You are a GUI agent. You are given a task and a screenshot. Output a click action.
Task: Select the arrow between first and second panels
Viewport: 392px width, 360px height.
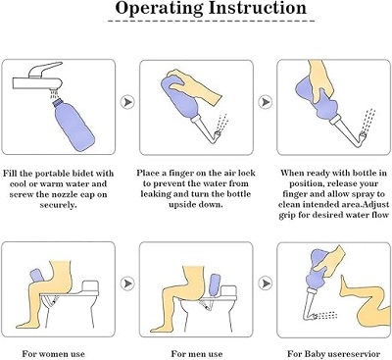125,101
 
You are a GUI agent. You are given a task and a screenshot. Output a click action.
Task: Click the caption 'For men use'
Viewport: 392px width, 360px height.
196,351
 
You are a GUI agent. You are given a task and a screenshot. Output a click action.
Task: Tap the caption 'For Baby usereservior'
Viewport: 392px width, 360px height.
331,351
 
